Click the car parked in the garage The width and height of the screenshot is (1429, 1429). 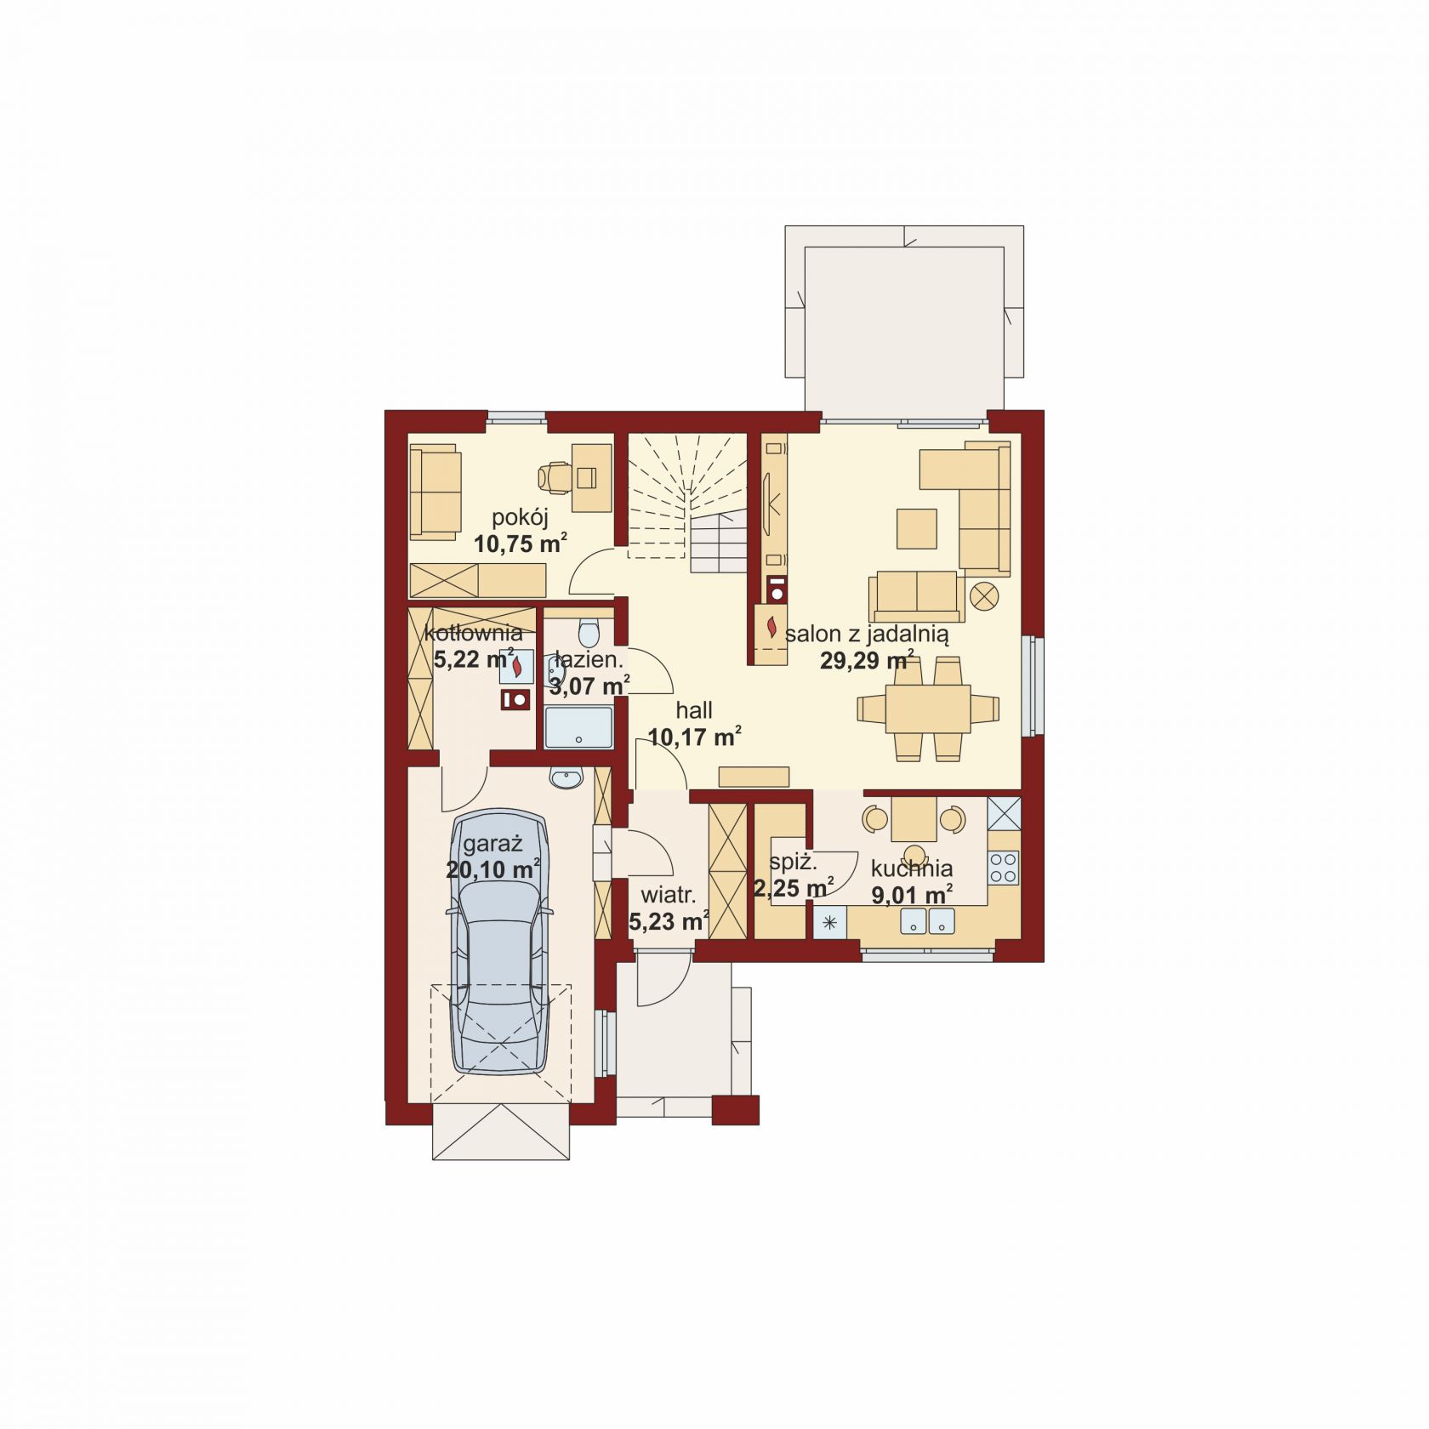click(x=501, y=941)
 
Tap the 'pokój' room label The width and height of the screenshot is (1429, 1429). click(x=520, y=517)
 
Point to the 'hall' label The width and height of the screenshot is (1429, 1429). click(x=694, y=710)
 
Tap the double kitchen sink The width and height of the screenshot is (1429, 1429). click(x=928, y=919)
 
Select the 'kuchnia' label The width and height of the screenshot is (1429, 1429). click(x=911, y=868)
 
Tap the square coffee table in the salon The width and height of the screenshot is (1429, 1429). click(x=917, y=528)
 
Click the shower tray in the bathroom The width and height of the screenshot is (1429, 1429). click(x=578, y=727)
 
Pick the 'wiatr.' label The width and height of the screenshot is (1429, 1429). click(x=669, y=895)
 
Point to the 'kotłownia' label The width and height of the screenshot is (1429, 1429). click(x=473, y=633)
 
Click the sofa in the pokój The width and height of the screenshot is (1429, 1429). click(x=436, y=493)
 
